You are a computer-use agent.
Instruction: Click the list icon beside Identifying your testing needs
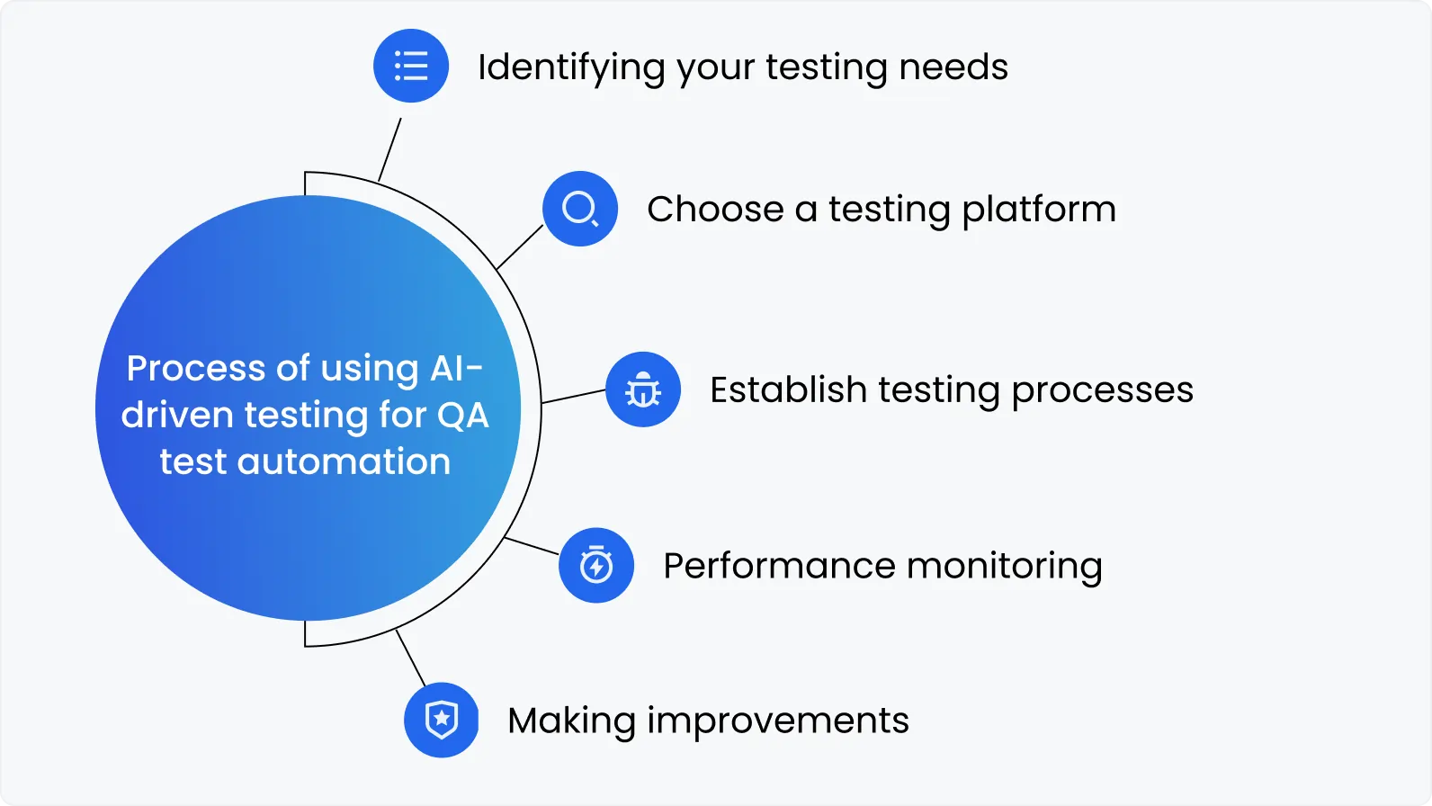click(411, 66)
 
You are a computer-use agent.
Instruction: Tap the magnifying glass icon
click(580, 209)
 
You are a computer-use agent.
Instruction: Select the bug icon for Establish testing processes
click(643, 390)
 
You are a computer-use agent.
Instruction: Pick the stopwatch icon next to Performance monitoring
click(596, 565)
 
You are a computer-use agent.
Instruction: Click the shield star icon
click(442, 720)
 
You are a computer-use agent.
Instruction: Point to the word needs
click(953, 67)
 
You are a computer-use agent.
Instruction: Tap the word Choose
click(715, 210)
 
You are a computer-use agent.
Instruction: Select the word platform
click(1039, 210)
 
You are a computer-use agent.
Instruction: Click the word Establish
click(788, 390)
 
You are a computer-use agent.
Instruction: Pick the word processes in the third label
click(1102, 391)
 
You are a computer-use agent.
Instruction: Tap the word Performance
click(779, 566)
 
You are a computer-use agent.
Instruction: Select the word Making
click(571, 721)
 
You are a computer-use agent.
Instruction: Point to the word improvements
click(777, 721)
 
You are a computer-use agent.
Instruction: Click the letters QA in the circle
click(462, 416)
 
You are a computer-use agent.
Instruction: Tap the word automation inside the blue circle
click(344, 461)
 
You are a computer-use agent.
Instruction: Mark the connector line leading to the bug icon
click(574, 397)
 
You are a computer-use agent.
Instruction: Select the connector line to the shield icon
click(410, 658)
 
